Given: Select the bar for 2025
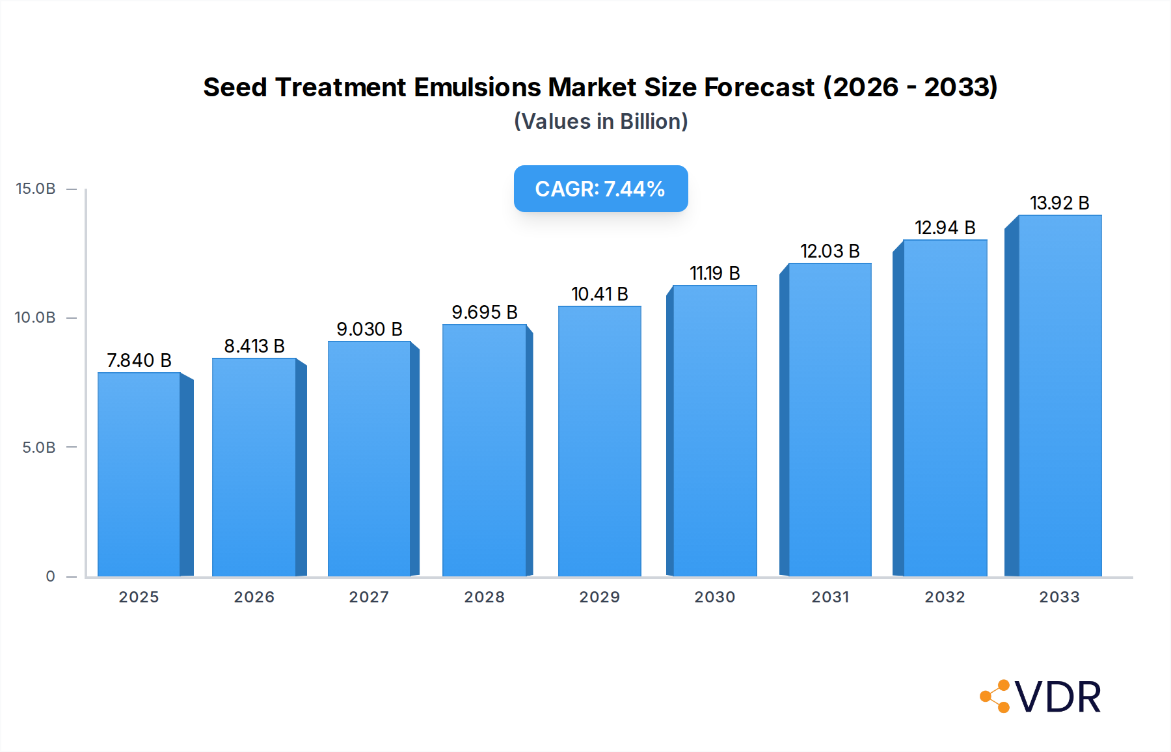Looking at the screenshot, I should point(139,475).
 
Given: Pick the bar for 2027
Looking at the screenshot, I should point(369,459).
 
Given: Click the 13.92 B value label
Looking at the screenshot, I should point(1059,203).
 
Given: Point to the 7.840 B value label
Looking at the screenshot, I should point(139,360).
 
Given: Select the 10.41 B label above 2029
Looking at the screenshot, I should point(599,294).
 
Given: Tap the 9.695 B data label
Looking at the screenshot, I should point(485,312).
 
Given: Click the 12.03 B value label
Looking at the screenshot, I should point(829,251).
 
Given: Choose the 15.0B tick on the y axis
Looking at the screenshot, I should point(36,189).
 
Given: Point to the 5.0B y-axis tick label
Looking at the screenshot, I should point(39,448).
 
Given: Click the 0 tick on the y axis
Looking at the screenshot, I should point(50,576).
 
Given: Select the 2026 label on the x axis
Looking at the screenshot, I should point(254,597).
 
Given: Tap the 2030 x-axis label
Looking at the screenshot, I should point(714,597).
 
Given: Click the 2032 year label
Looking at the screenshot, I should point(945,597).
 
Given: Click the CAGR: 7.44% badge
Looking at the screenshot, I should point(600,189).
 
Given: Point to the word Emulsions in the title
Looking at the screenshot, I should point(478,87).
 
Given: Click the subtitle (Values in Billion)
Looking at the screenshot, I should point(600,122).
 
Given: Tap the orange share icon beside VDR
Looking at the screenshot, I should point(995,696).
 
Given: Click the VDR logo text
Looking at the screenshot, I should point(1058,697).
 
